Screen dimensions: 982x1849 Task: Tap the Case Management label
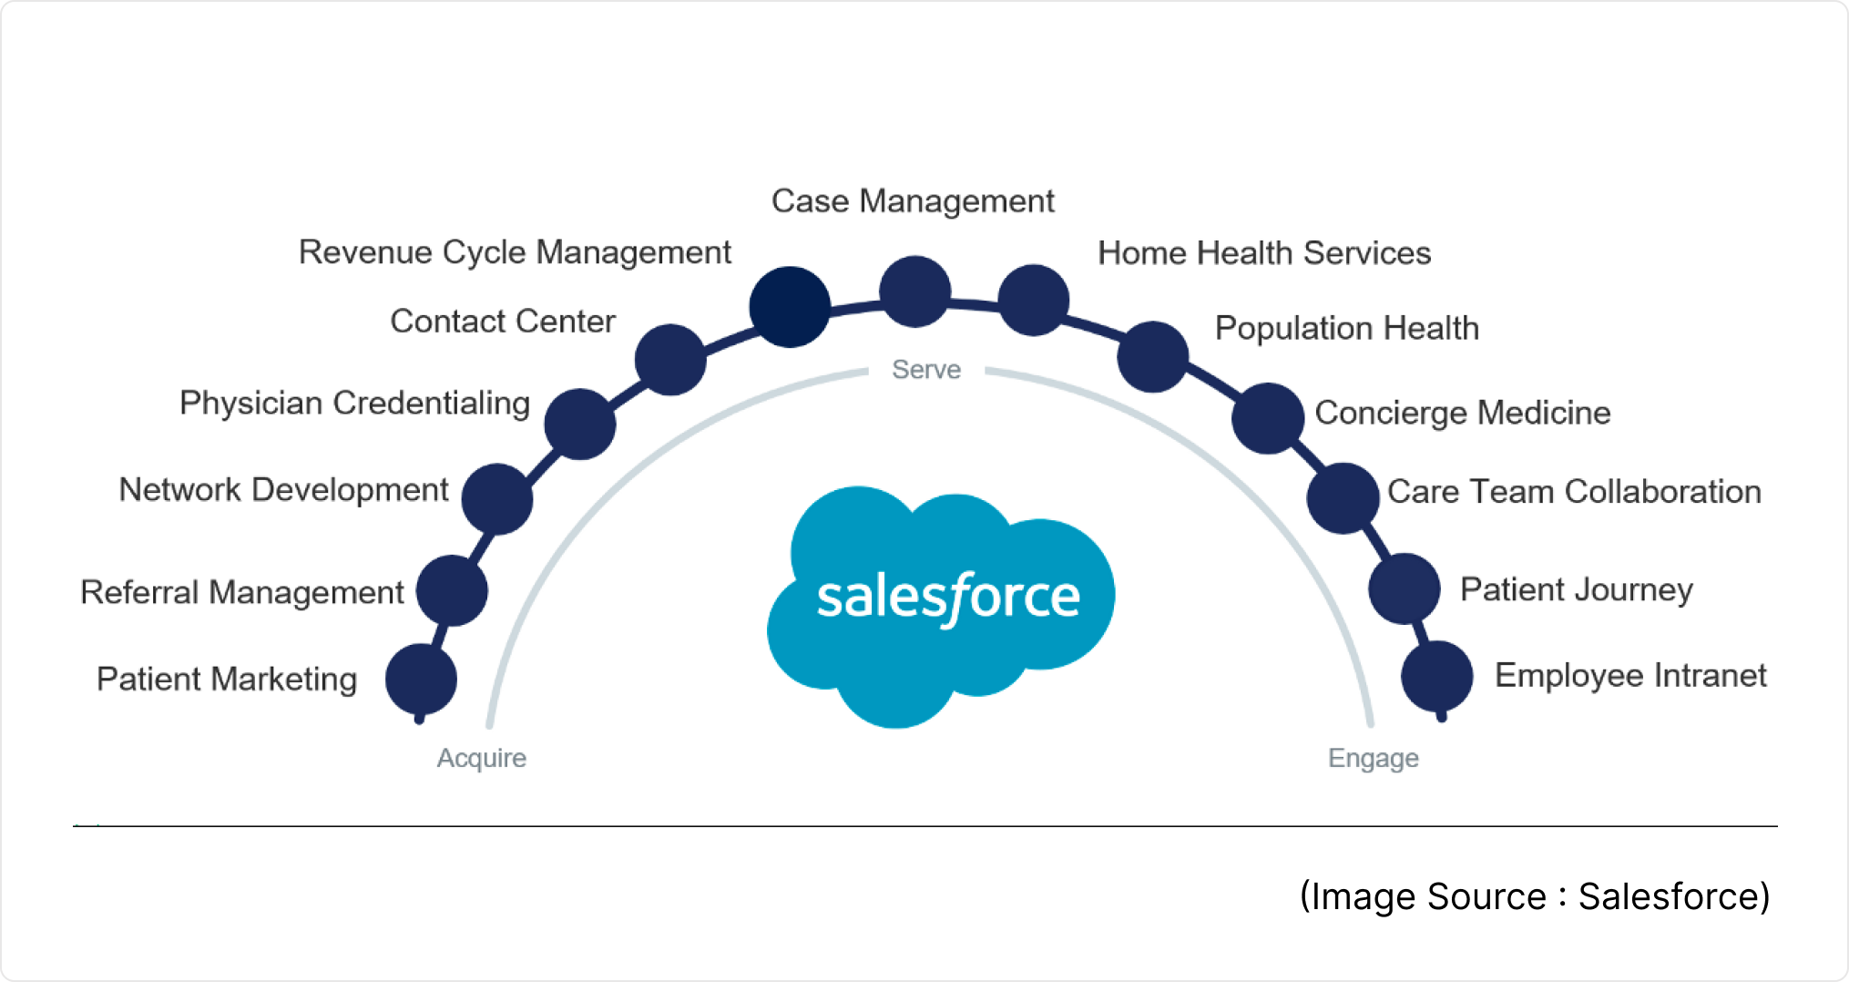point(913,201)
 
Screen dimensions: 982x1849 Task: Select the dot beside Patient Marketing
point(421,680)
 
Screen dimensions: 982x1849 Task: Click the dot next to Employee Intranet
point(1436,676)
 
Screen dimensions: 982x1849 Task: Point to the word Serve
point(926,369)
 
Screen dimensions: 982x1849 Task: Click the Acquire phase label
point(481,758)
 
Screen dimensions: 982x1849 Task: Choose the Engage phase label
point(1373,758)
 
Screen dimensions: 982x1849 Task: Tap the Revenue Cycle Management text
point(515,252)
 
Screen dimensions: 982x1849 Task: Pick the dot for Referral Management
point(452,590)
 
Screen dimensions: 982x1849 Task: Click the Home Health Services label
point(1264,253)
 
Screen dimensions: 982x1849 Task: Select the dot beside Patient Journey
point(1404,588)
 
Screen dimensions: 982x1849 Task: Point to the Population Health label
point(1346,328)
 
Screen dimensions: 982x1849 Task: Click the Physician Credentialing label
point(354,403)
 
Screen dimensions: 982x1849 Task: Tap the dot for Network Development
point(496,498)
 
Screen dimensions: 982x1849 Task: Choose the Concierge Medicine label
point(1463,413)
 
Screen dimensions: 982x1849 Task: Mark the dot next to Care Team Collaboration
point(1342,497)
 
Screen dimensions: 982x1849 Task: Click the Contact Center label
point(503,322)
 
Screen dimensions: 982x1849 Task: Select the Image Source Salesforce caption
point(1535,896)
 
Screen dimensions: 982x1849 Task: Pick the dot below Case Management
point(914,292)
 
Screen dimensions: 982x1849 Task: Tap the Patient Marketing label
point(227,680)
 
